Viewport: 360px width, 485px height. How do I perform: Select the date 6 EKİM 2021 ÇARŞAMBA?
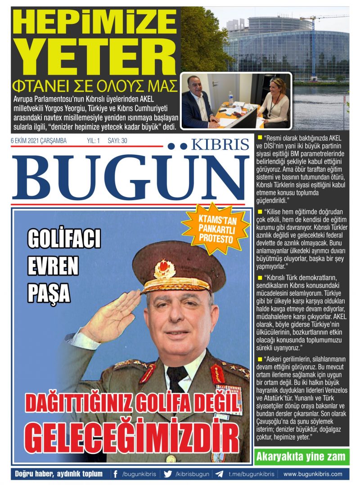pos(39,141)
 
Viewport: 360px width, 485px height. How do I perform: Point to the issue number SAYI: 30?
pos(117,141)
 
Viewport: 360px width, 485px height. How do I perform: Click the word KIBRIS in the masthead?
pos(220,144)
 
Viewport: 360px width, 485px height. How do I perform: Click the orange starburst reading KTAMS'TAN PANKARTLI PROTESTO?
pos(216,228)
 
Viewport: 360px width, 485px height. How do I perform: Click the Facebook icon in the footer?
pos(116,474)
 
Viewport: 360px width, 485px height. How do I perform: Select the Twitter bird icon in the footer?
pos(168,474)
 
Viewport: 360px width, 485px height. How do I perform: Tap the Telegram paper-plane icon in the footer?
pos(219,474)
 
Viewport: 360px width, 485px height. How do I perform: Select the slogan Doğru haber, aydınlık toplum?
pos(59,474)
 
